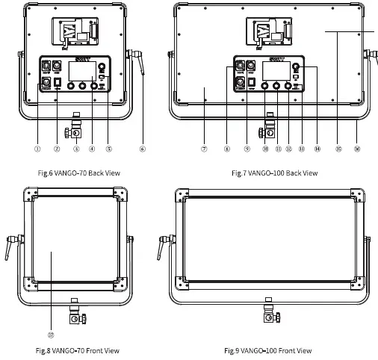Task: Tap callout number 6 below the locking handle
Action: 142,148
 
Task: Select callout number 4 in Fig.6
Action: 91,148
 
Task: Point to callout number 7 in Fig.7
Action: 204,148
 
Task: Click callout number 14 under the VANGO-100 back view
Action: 317,148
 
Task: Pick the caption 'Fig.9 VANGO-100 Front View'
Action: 268,350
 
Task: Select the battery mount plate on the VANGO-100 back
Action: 270,34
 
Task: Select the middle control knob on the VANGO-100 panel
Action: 277,86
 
